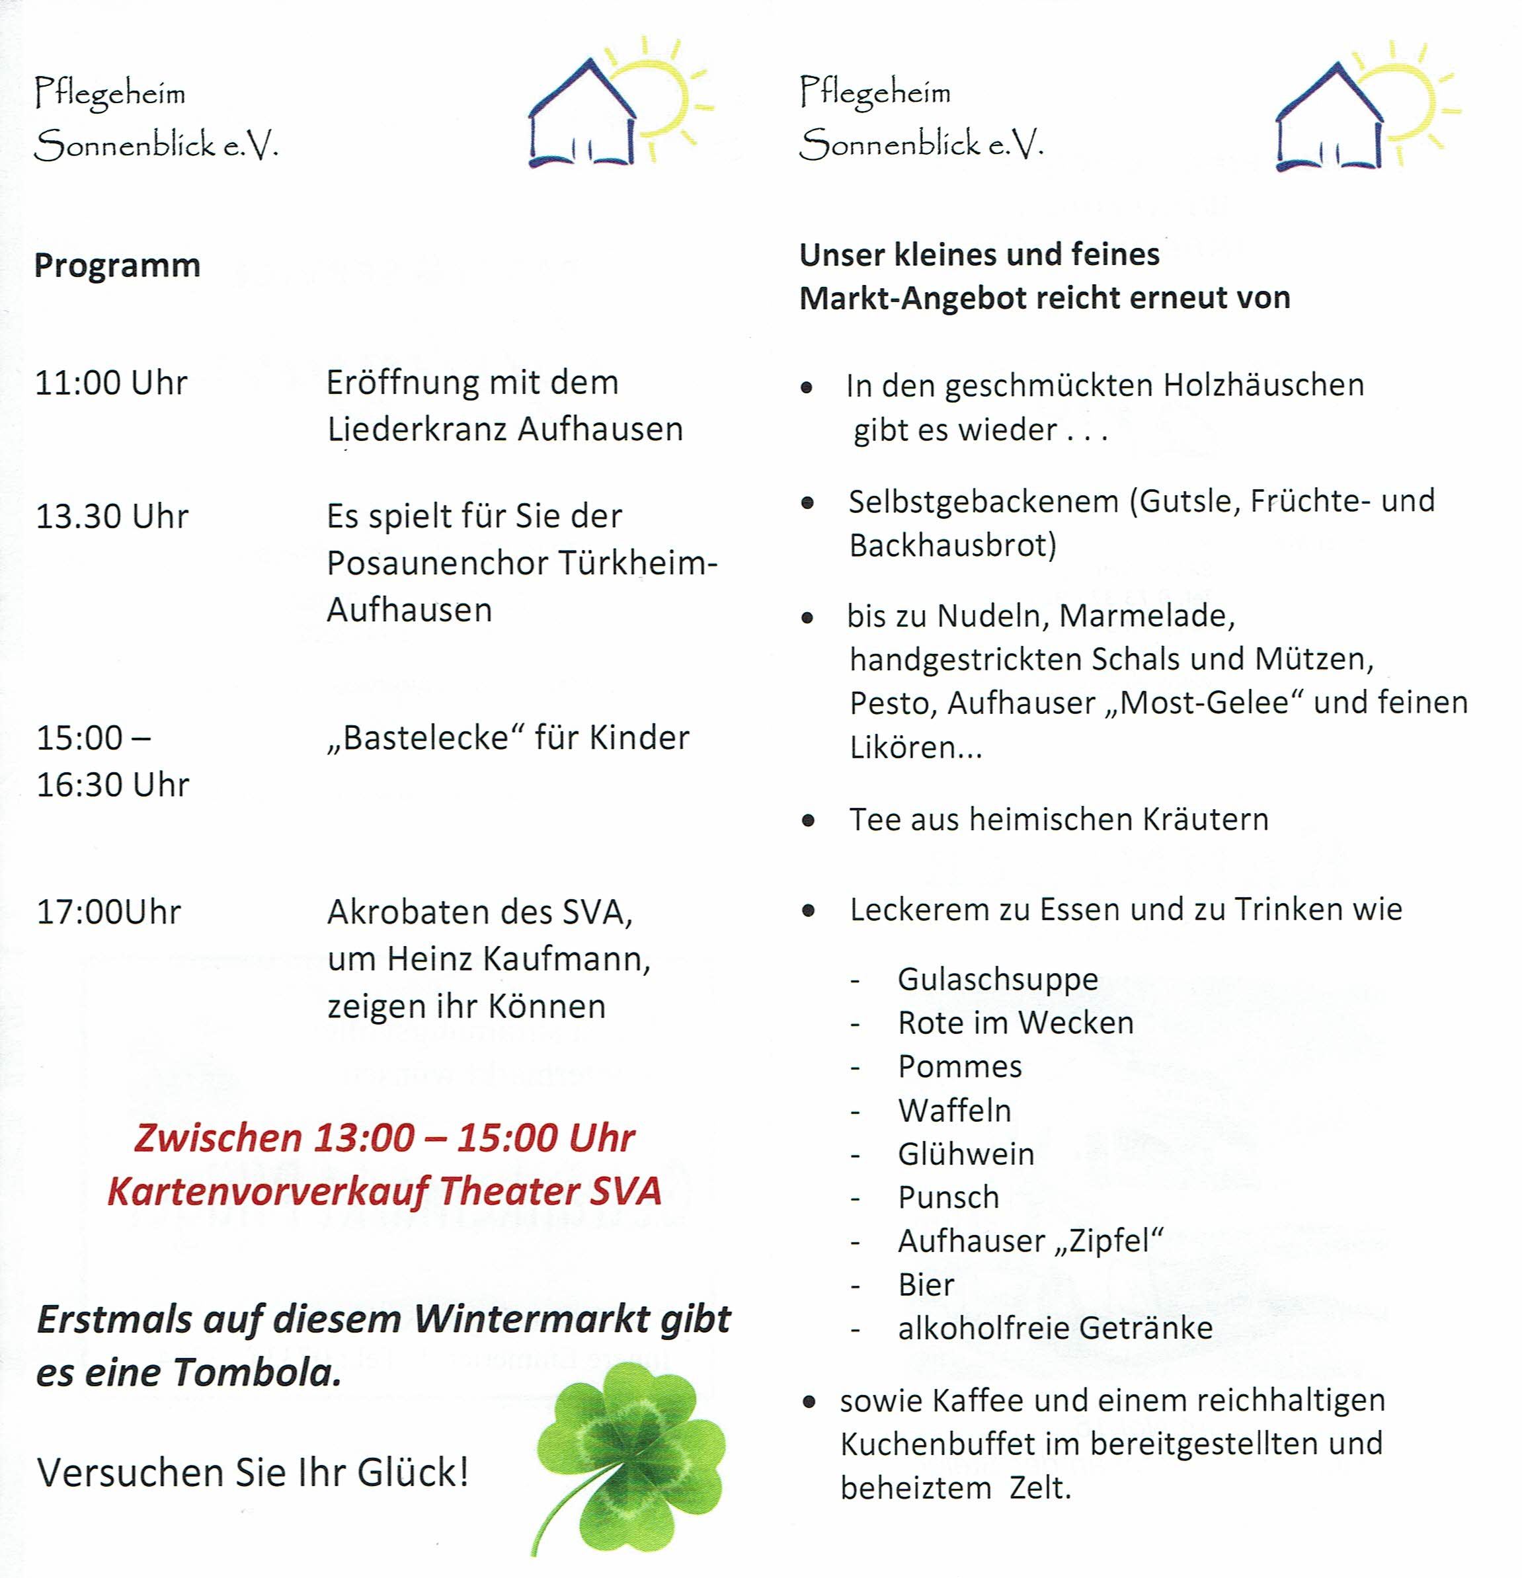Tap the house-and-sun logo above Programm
click(616, 104)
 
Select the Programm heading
click(117, 266)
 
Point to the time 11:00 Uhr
click(110, 383)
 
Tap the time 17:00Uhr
click(108, 912)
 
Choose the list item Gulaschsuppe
click(998, 979)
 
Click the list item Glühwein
click(965, 1154)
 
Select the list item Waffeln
click(954, 1110)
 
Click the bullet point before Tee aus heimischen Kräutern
click(809, 821)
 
